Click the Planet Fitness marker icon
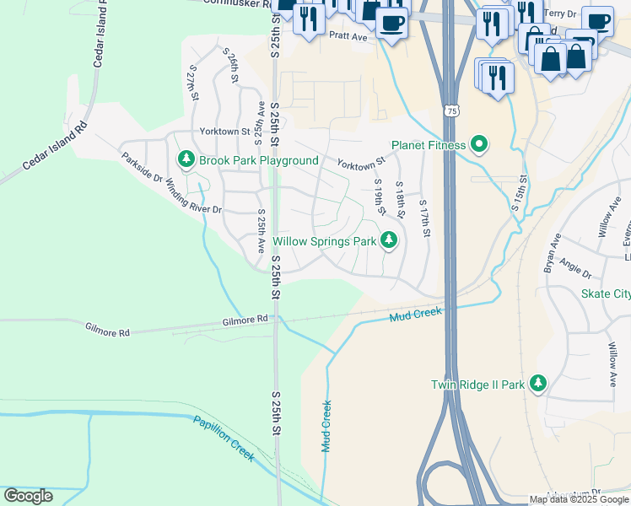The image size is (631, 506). pos(479,146)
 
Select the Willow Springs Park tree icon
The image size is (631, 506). pos(389,241)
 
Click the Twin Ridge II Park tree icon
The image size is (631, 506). pos(537,385)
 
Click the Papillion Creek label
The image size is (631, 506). pos(223,438)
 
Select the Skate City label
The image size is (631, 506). pos(605,294)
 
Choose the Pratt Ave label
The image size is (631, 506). pos(348,36)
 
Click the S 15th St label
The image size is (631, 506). pos(519,194)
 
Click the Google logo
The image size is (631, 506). pos(29,496)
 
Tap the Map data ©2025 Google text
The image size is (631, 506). pos(579,499)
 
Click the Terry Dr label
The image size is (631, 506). pos(560,13)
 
